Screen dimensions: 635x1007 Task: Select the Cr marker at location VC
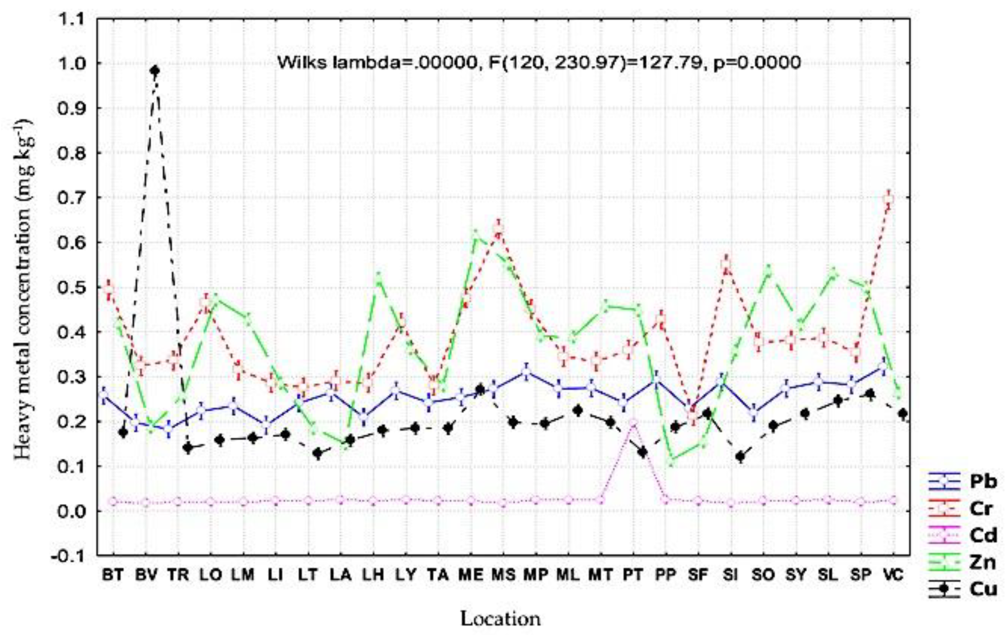(889, 198)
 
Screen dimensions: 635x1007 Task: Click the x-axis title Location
(501, 619)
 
